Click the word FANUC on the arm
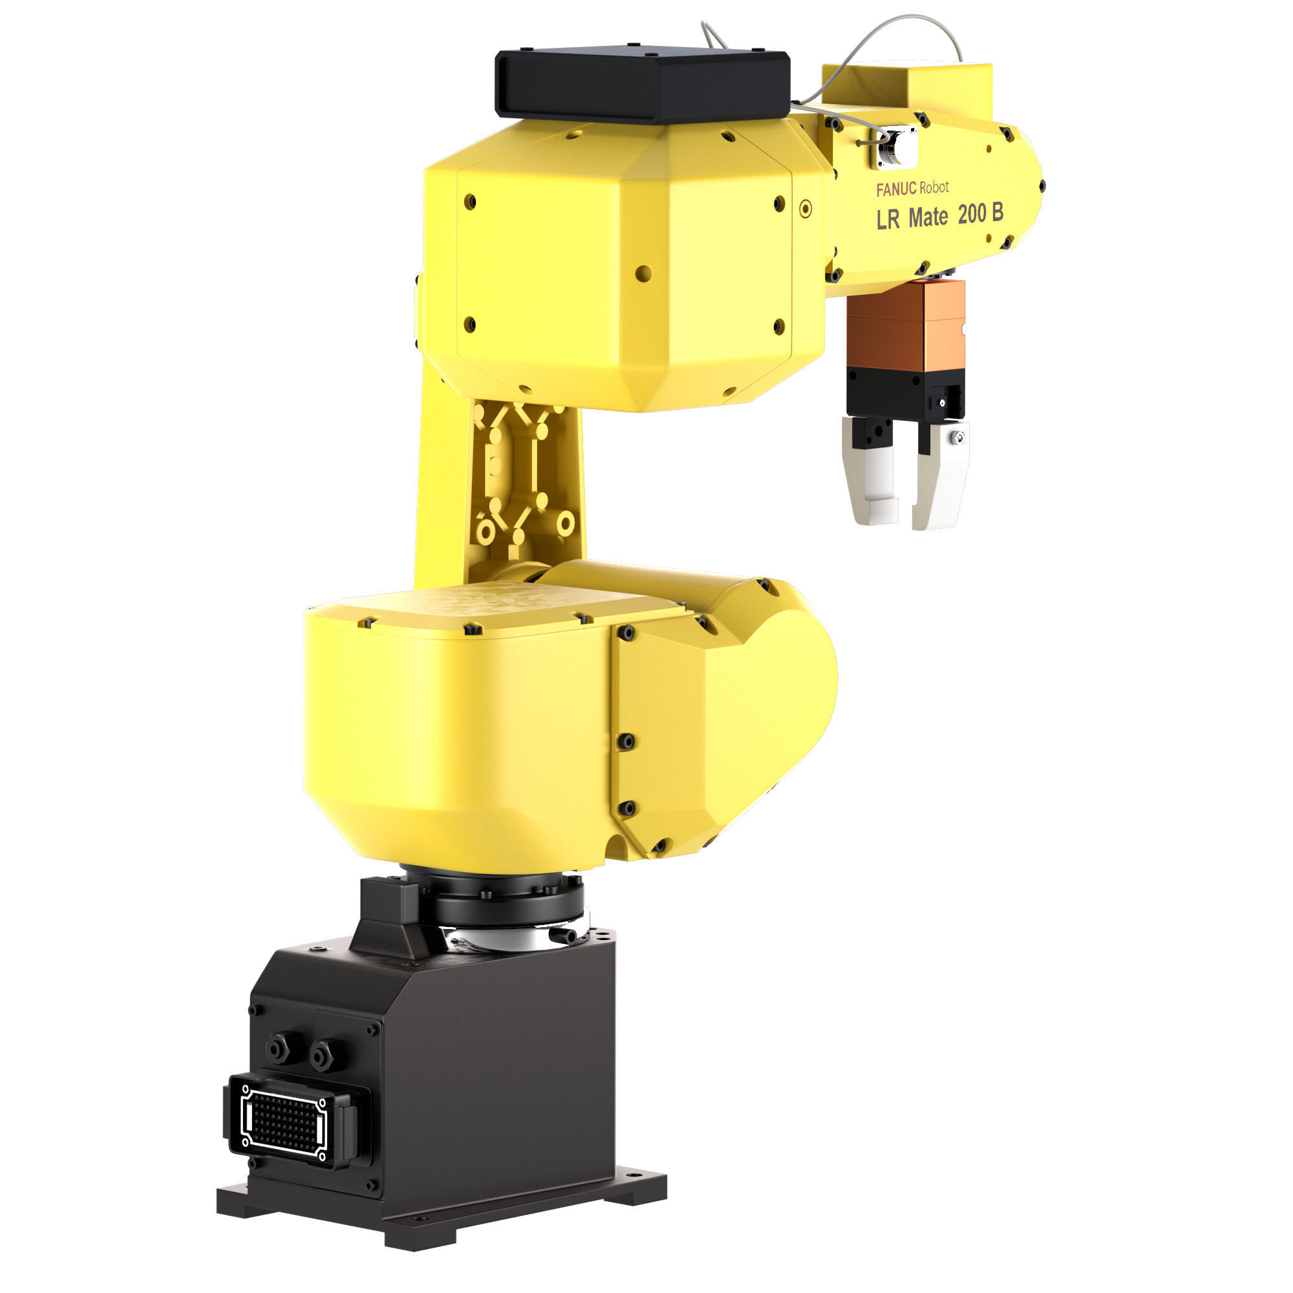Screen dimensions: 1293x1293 [896, 190]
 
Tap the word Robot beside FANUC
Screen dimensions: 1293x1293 [934, 188]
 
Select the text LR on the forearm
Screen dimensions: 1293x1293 [888, 220]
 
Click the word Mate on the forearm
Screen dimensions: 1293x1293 [928, 217]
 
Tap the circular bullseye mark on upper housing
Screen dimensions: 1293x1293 [806, 209]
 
